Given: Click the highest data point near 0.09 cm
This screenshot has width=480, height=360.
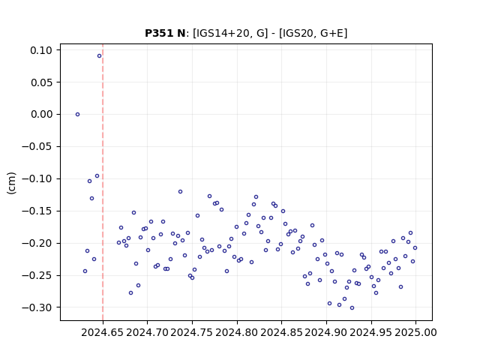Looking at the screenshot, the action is click(x=99, y=56).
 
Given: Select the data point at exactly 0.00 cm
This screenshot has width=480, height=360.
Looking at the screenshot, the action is click(x=77, y=115).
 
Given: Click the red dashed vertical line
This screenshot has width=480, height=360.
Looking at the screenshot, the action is click(x=103, y=182).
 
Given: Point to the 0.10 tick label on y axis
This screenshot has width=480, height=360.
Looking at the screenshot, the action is click(x=41, y=50).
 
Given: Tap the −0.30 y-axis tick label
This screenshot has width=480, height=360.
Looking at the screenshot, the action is click(x=37, y=307).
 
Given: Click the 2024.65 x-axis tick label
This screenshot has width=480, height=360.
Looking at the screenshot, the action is click(x=103, y=332).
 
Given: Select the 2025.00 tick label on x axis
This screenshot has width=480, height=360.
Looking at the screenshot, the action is click(x=415, y=332).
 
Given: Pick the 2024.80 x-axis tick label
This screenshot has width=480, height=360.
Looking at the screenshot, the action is click(x=237, y=332).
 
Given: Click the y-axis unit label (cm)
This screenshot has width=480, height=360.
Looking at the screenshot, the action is click(x=11, y=183).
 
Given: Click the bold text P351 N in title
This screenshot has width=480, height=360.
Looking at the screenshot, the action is click(x=165, y=33).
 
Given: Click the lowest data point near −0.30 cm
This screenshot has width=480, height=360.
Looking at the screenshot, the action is click(x=352, y=308).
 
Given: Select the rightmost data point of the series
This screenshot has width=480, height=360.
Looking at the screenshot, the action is click(x=415, y=248).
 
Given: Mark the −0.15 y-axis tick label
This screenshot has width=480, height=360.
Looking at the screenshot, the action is click(x=37, y=211).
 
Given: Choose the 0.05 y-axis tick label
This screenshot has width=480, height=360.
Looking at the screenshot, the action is click(x=41, y=82).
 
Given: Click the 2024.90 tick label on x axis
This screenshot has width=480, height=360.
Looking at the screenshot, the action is click(x=326, y=332).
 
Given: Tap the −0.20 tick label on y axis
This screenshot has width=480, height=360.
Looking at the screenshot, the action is click(x=37, y=244).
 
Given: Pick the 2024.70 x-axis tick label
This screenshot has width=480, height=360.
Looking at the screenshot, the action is click(x=147, y=332).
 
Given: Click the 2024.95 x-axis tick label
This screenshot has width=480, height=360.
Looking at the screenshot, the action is click(x=371, y=332).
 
